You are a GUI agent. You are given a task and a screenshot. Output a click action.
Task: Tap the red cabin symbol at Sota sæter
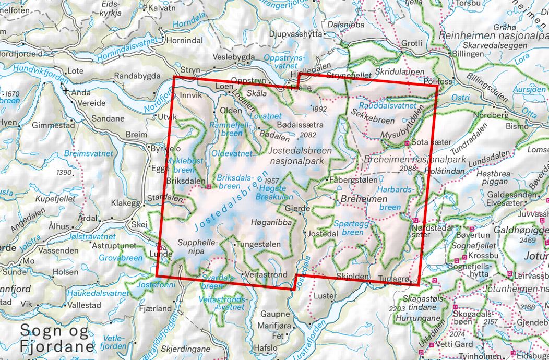(x=407, y=142)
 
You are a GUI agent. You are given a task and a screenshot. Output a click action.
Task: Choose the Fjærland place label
(x=156, y=308)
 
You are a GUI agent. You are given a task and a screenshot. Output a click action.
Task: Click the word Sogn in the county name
(x=39, y=331)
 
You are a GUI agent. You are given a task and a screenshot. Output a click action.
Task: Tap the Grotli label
(x=412, y=43)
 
